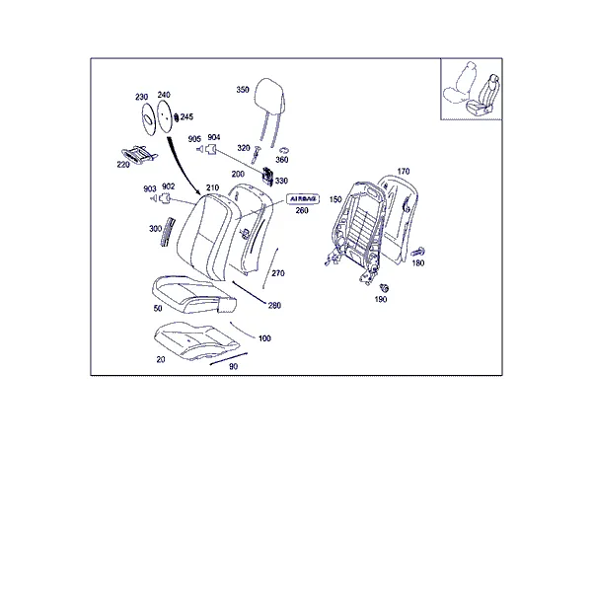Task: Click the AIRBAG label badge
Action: [x=303, y=198]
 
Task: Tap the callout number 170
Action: [x=404, y=172]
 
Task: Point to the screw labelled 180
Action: [x=418, y=252]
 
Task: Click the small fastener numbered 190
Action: [x=385, y=288]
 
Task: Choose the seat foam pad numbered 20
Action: [x=196, y=340]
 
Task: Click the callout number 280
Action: [x=274, y=305]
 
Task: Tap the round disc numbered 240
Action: [x=164, y=116]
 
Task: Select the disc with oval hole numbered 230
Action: [x=148, y=119]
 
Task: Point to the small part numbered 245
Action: [x=176, y=117]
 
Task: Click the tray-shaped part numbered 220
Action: [x=139, y=155]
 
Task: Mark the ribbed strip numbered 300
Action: [x=167, y=232]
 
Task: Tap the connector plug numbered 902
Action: [x=165, y=198]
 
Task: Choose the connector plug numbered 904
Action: [x=211, y=149]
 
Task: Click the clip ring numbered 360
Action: [x=284, y=150]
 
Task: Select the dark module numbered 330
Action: [x=268, y=177]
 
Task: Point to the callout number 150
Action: [x=335, y=199]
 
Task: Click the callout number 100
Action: [x=264, y=338]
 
